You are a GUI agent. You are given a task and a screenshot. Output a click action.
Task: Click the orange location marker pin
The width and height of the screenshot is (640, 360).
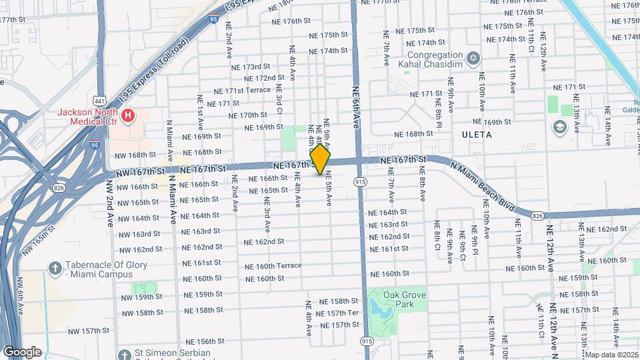[x=320, y=159]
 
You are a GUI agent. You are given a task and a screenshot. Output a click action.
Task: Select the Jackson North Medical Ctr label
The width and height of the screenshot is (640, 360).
[x=87, y=117]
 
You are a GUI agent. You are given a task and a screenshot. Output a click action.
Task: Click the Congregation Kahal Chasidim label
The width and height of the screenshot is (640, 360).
[x=430, y=59]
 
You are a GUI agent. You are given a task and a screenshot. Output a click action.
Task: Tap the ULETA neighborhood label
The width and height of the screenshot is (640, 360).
[x=476, y=135]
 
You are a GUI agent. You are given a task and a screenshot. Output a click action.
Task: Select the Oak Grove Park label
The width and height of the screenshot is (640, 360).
[x=405, y=299]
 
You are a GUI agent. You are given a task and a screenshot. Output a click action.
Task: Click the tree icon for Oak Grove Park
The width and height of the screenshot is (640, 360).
[x=375, y=294]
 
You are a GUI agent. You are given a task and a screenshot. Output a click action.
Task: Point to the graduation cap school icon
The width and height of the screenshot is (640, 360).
[x=558, y=127]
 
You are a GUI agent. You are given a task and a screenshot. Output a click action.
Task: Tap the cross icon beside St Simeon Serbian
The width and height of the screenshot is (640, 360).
[x=123, y=354]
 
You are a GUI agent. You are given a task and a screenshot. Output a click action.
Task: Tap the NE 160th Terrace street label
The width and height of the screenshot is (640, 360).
[x=273, y=265]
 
